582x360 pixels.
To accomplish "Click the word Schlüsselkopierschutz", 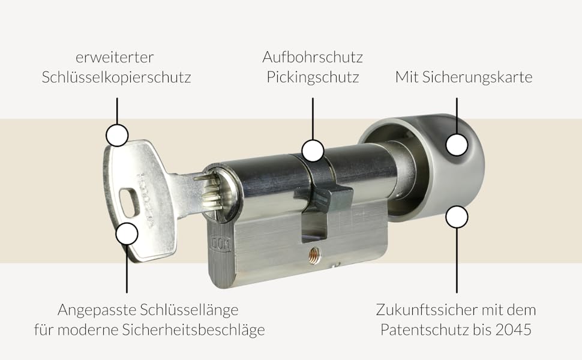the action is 116,77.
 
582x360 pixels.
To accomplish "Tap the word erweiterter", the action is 115,57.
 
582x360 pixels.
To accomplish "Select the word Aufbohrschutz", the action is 313,57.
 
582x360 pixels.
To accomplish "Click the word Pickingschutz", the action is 313,77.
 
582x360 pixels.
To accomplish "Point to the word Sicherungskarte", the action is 478,77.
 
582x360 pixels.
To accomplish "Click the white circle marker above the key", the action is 117,135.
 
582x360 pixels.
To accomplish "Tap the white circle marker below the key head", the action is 127,234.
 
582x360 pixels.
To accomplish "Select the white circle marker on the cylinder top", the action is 313,151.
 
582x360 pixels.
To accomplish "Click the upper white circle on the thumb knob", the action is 457,145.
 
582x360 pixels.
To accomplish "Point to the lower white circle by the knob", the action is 457,217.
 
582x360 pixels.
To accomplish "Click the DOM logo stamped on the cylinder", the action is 221,242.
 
